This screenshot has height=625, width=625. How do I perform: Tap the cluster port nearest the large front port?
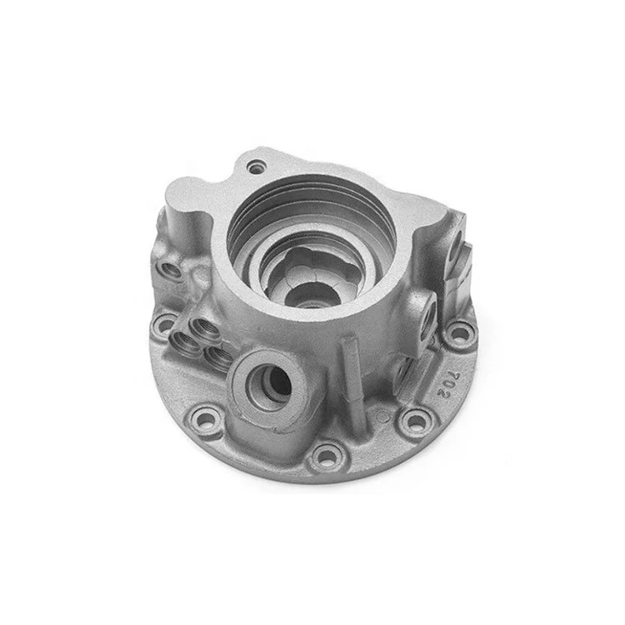(218, 357)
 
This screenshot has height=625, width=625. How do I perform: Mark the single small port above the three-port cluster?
(173, 272)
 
